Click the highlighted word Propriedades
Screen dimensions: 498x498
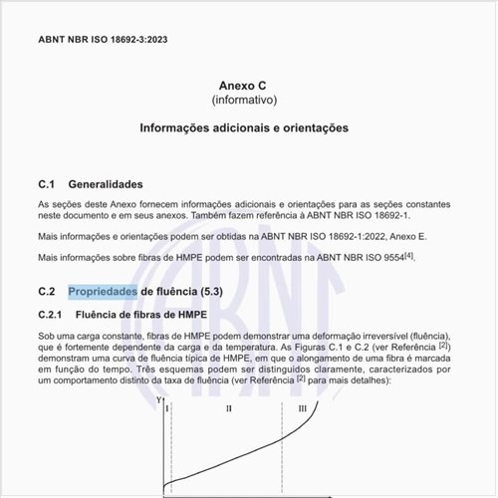click(x=103, y=291)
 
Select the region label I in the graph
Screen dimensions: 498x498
click(x=167, y=408)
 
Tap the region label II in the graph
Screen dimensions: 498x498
click(x=228, y=408)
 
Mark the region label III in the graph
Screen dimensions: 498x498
click(x=303, y=408)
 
